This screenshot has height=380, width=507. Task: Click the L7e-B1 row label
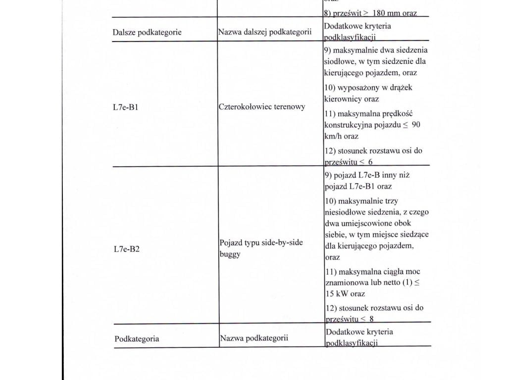[x=126, y=107]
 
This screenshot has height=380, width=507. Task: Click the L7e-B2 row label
[x=126, y=249]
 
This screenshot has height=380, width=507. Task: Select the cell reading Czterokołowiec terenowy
[x=262, y=107]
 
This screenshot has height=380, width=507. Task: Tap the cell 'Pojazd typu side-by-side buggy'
[x=260, y=248]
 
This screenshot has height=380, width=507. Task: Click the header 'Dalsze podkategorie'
[x=147, y=33]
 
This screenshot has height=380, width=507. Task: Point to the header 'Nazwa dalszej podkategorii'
[x=264, y=33]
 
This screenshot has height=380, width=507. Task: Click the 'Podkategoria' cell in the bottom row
[x=137, y=339]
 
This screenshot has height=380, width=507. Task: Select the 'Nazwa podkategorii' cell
[x=253, y=339]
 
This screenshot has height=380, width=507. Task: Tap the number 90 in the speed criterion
[x=416, y=125]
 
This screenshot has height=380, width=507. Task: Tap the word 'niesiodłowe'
[x=345, y=212]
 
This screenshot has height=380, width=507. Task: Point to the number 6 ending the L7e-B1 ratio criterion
[x=370, y=162]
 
